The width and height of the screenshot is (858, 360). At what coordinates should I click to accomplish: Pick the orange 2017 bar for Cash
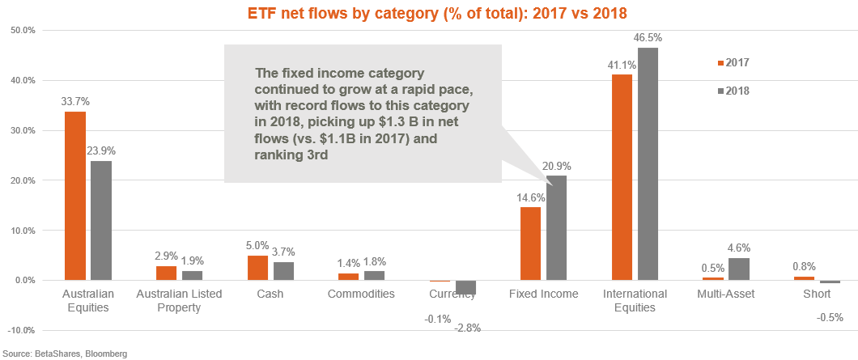pos(257,268)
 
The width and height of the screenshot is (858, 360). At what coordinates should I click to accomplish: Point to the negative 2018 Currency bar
pos(465,287)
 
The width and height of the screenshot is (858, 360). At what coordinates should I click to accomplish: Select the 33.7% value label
pos(74,102)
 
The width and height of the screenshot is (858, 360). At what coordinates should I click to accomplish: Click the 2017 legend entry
pos(733,63)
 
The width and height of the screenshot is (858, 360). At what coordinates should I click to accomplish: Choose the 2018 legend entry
pos(733,91)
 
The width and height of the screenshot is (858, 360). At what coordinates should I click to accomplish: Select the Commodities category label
pos(361,294)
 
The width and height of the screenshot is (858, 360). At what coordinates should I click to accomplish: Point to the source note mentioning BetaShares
pos(64,354)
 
